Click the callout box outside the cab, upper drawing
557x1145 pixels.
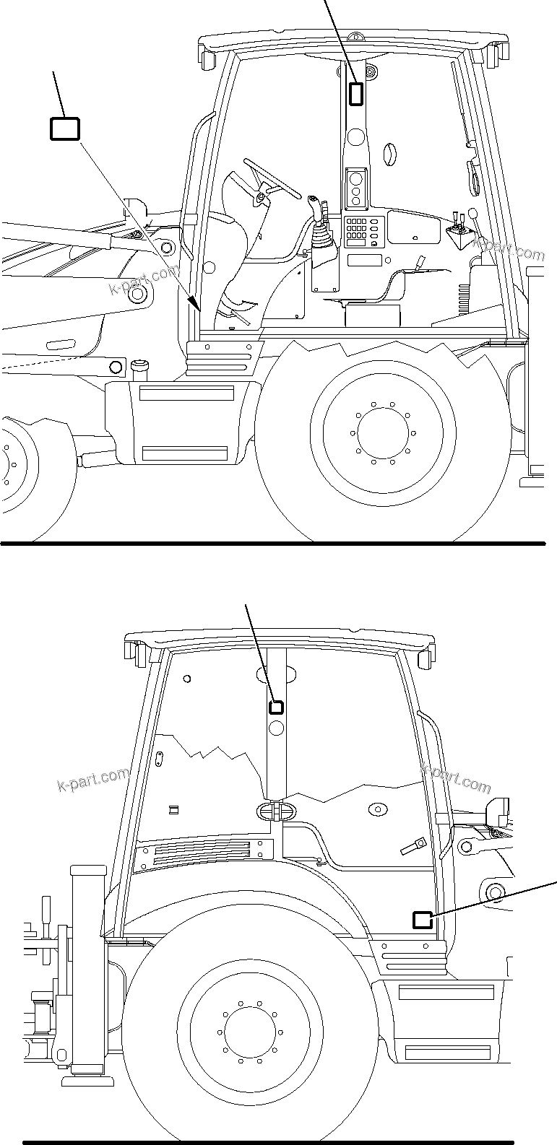point(64,129)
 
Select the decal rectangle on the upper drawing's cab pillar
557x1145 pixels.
point(356,93)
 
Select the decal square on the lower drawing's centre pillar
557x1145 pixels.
point(275,707)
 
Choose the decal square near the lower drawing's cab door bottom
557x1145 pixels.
point(422,919)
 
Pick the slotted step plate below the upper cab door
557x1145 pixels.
point(223,358)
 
